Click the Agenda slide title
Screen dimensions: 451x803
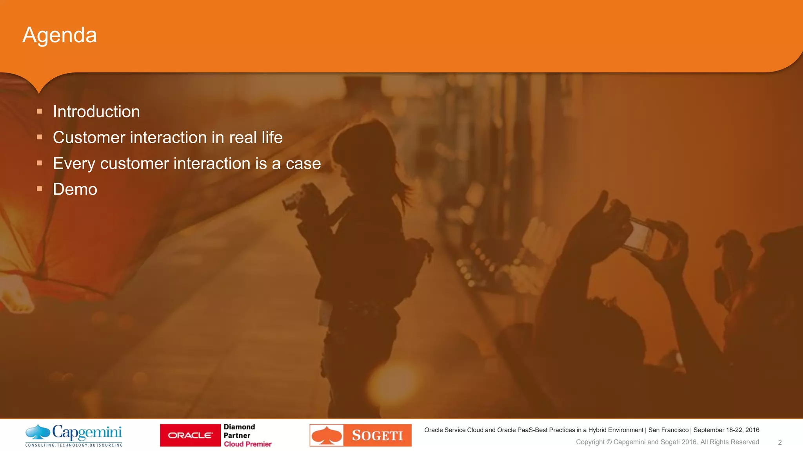point(60,36)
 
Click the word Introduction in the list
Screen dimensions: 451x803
point(96,112)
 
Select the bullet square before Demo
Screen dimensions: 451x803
point(39,189)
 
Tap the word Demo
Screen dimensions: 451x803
point(75,189)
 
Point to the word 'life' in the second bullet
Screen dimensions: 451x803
point(272,137)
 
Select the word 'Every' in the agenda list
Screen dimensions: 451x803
point(74,164)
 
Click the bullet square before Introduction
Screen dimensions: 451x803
point(39,111)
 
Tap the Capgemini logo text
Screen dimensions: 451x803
point(87,432)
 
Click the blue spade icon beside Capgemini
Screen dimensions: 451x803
point(38,432)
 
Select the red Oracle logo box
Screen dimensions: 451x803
point(190,435)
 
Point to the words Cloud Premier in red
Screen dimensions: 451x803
point(248,444)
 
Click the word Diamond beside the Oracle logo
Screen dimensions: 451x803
point(239,427)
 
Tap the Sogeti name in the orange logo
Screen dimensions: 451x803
point(377,435)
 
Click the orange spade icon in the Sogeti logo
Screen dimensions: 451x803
point(327,435)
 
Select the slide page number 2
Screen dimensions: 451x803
point(780,442)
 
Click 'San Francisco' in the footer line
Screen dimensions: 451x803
point(669,430)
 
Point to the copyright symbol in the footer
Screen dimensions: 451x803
point(609,442)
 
